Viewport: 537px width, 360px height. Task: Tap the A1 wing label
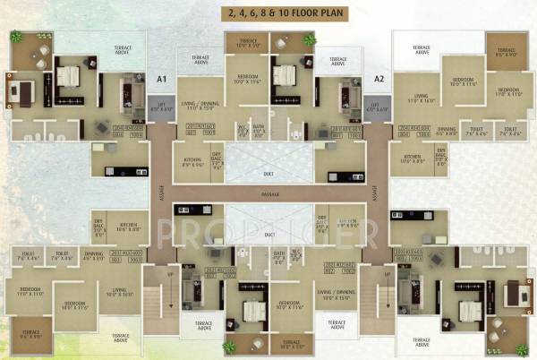pos(162,80)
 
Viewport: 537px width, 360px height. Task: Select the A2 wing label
pos(379,80)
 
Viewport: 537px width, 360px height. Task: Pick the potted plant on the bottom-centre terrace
pos(230,346)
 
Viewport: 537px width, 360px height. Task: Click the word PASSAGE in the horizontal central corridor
pos(269,193)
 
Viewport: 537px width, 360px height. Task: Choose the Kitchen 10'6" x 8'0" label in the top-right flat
pos(413,159)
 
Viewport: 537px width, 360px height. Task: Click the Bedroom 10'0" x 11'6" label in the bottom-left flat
pos(72,304)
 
